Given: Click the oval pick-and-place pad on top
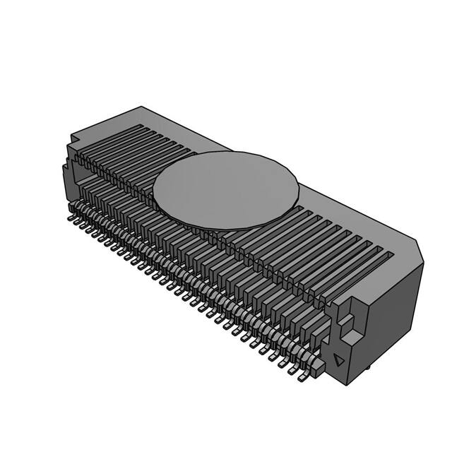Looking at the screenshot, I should point(226,189).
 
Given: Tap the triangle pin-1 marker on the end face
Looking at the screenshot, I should point(340,360).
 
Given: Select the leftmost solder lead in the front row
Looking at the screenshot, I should point(71,218).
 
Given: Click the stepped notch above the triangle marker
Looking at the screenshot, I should point(346,321).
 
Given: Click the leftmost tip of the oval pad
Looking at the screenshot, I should point(155,188).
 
